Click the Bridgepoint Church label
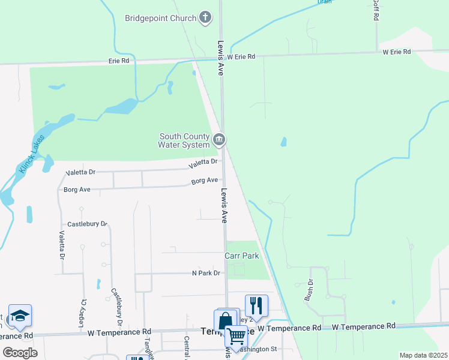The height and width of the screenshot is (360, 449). point(160,18)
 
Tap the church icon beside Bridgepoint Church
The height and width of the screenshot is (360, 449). point(205,17)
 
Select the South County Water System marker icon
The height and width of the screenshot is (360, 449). point(219,140)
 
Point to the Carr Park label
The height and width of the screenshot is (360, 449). point(242,256)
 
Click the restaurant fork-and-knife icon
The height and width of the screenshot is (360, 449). point(256,305)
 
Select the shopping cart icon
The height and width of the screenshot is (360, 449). point(237,338)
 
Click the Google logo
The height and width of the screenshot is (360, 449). point(20,352)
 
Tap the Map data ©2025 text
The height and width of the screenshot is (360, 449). point(423,355)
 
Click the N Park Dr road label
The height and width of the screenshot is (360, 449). point(206,273)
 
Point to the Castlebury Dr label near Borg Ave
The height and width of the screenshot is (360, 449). point(87,224)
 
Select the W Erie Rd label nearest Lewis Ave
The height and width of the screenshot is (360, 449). point(241,56)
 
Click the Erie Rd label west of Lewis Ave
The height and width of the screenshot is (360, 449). point(119,61)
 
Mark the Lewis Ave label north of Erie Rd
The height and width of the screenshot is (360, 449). point(221,58)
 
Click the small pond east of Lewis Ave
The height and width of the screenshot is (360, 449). point(283,143)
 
